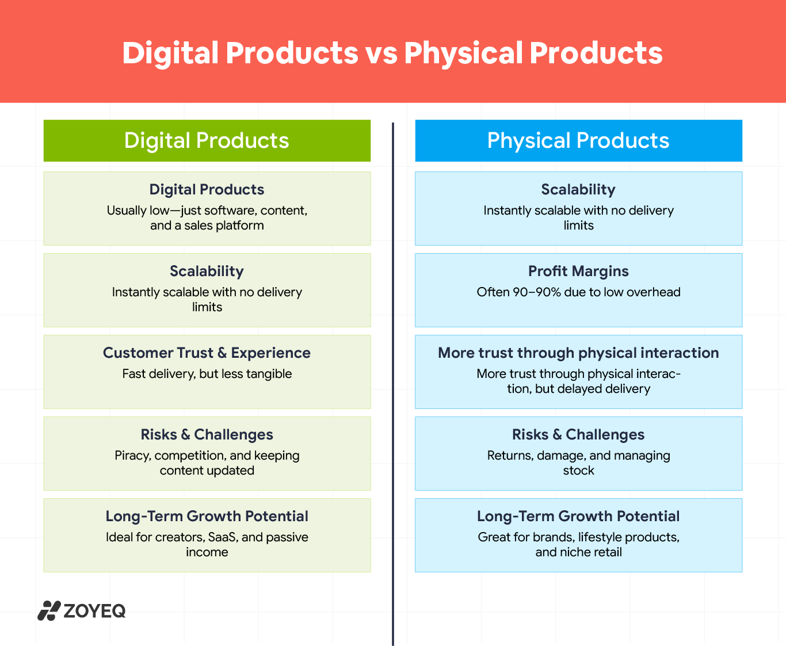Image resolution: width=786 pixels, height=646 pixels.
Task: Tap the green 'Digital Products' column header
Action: coord(207,140)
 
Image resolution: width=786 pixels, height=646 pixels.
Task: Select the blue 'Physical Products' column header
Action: coord(578,140)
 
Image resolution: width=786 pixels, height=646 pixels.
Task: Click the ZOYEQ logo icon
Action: coord(49,610)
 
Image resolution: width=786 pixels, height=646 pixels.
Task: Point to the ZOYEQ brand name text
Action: coord(95,611)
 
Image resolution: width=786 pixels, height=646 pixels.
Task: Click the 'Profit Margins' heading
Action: coord(578,271)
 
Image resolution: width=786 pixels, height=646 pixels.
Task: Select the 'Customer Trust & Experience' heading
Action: coord(207,353)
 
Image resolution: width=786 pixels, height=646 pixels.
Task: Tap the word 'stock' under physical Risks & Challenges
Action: coord(578,471)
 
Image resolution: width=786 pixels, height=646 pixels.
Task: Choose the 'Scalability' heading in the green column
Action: coord(207,271)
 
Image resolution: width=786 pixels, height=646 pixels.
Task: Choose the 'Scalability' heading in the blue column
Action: coord(578,190)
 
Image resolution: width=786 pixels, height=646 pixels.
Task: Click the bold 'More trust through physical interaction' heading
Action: coord(578,353)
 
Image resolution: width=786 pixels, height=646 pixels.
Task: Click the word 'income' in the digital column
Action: coord(207,552)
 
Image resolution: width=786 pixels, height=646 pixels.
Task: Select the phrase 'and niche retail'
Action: coord(578,552)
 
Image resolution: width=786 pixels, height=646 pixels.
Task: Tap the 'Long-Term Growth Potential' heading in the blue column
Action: coord(578,517)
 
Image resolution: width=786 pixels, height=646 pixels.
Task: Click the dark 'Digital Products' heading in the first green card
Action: coord(207,190)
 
